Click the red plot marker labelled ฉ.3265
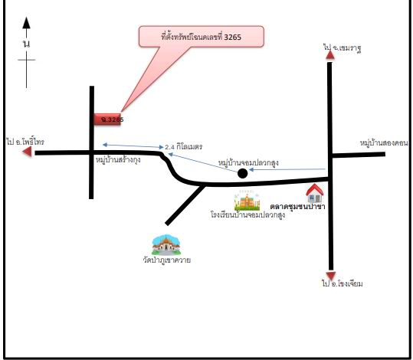107,119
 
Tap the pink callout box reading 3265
202,37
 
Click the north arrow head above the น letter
26,23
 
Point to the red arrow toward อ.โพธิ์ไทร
27,152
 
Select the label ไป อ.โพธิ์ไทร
25,142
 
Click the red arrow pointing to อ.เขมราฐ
330,55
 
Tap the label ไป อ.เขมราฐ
343,48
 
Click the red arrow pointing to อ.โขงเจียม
331,276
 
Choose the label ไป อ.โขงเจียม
343,283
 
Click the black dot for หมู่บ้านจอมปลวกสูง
242,173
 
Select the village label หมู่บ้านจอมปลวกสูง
248,162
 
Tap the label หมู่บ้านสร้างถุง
118,160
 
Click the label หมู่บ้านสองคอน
384,143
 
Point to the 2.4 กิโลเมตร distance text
184,147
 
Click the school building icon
247,201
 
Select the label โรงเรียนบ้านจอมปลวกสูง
247,215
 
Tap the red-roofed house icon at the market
315,193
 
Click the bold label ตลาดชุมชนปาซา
297,207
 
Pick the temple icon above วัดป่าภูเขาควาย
166,245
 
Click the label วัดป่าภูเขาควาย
167,260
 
